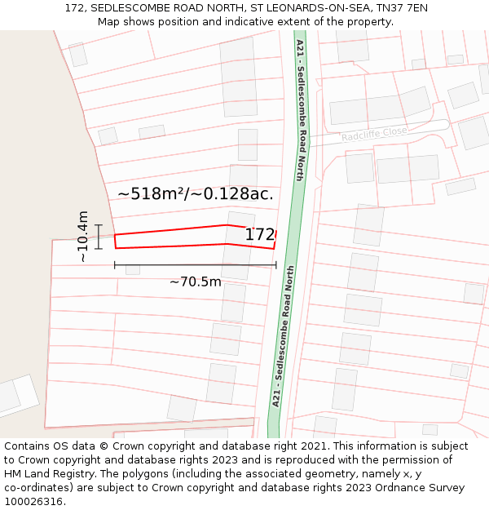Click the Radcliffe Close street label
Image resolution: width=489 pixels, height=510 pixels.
click(x=374, y=132)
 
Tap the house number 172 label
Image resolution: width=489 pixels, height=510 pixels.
click(x=260, y=235)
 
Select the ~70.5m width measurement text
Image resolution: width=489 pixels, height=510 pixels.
click(x=196, y=282)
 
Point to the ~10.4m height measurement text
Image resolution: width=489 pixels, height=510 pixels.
click(x=82, y=237)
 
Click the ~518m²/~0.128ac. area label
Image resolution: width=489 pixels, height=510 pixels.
click(x=196, y=194)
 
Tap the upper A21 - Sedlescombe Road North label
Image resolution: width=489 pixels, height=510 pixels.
click(x=300, y=109)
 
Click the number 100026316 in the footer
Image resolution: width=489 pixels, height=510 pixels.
click(x=34, y=502)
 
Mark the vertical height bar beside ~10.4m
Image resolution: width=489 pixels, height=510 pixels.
click(x=99, y=237)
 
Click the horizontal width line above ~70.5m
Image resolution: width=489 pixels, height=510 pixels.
click(x=196, y=264)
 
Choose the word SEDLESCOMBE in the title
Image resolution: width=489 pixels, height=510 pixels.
click(x=131, y=8)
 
